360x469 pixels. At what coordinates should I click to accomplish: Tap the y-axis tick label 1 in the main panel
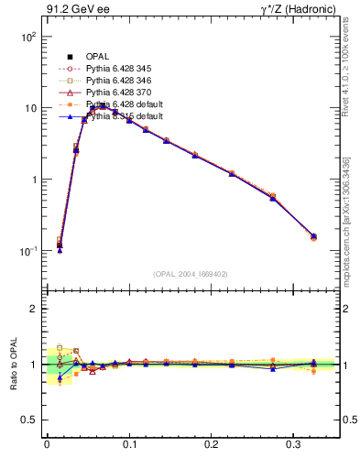33,180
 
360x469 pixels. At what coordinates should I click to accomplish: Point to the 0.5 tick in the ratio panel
27,420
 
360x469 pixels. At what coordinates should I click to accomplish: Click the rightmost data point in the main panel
313,236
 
